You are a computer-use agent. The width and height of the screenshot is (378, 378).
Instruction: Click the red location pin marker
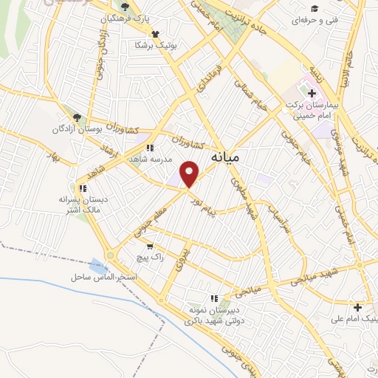click(190, 174)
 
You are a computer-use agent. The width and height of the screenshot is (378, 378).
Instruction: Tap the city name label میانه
click(225, 157)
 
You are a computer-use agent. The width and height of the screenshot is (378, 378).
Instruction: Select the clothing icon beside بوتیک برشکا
click(155, 34)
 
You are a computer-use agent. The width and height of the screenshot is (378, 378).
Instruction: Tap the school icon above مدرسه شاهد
click(151, 148)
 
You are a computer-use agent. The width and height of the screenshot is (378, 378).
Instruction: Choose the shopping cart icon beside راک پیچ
click(151, 247)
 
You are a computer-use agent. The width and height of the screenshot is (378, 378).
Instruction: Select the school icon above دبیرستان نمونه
click(214, 298)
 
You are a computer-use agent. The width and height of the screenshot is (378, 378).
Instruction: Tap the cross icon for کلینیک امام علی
click(358, 307)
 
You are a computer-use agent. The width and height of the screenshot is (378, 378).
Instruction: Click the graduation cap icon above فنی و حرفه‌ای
click(315, 8)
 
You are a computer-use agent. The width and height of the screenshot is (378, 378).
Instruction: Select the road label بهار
click(52, 157)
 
